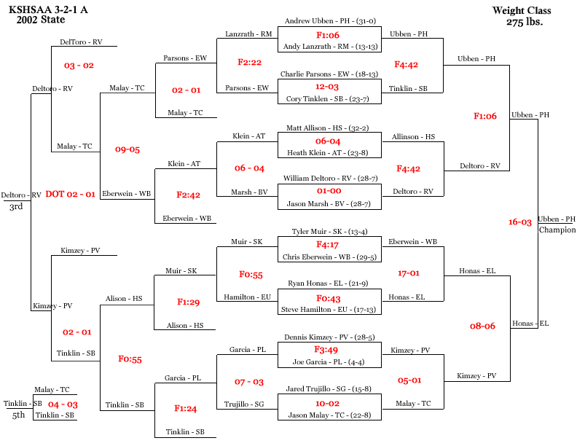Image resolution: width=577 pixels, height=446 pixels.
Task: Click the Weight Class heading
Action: [x=522, y=10]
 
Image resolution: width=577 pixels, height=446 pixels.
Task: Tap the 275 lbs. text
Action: [x=525, y=22]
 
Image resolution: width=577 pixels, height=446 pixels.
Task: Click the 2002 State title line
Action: [x=41, y=20]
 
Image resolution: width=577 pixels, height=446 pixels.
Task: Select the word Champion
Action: [x=557, y=230]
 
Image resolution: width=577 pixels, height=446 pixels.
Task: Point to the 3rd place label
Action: [x=16, y=206]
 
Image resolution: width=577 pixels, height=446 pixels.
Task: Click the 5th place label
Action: [x=18, y=415]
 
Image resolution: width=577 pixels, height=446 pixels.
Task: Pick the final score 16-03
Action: [x=520, y=222]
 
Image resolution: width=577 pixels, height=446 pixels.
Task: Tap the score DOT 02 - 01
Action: [x=70, y=195]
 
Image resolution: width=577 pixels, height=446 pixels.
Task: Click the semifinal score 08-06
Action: [x=482, y=326]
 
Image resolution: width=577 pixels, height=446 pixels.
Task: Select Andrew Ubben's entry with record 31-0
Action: [x=330, y=21]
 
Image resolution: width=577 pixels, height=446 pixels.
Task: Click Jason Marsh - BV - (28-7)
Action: [x=329, y=204]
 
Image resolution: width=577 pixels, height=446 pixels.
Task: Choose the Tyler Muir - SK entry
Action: [x=330, y=232]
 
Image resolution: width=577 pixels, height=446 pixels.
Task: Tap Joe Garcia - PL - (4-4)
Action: [x=329, y=362]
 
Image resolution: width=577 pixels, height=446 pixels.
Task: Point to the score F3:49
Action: [x=326, y=350]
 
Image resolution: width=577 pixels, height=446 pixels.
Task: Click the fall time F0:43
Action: [x=329, y=299]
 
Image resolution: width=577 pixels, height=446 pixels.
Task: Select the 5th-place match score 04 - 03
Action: [x=63, y=404]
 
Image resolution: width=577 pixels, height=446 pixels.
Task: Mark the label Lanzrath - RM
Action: [x=248, y=34]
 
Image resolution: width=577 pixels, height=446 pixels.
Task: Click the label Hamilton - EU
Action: [x=247, y=297]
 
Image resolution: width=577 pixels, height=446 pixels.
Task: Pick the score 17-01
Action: [x=409, y=273]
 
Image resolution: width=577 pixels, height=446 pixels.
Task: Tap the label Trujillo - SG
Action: [x=244, y=404]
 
